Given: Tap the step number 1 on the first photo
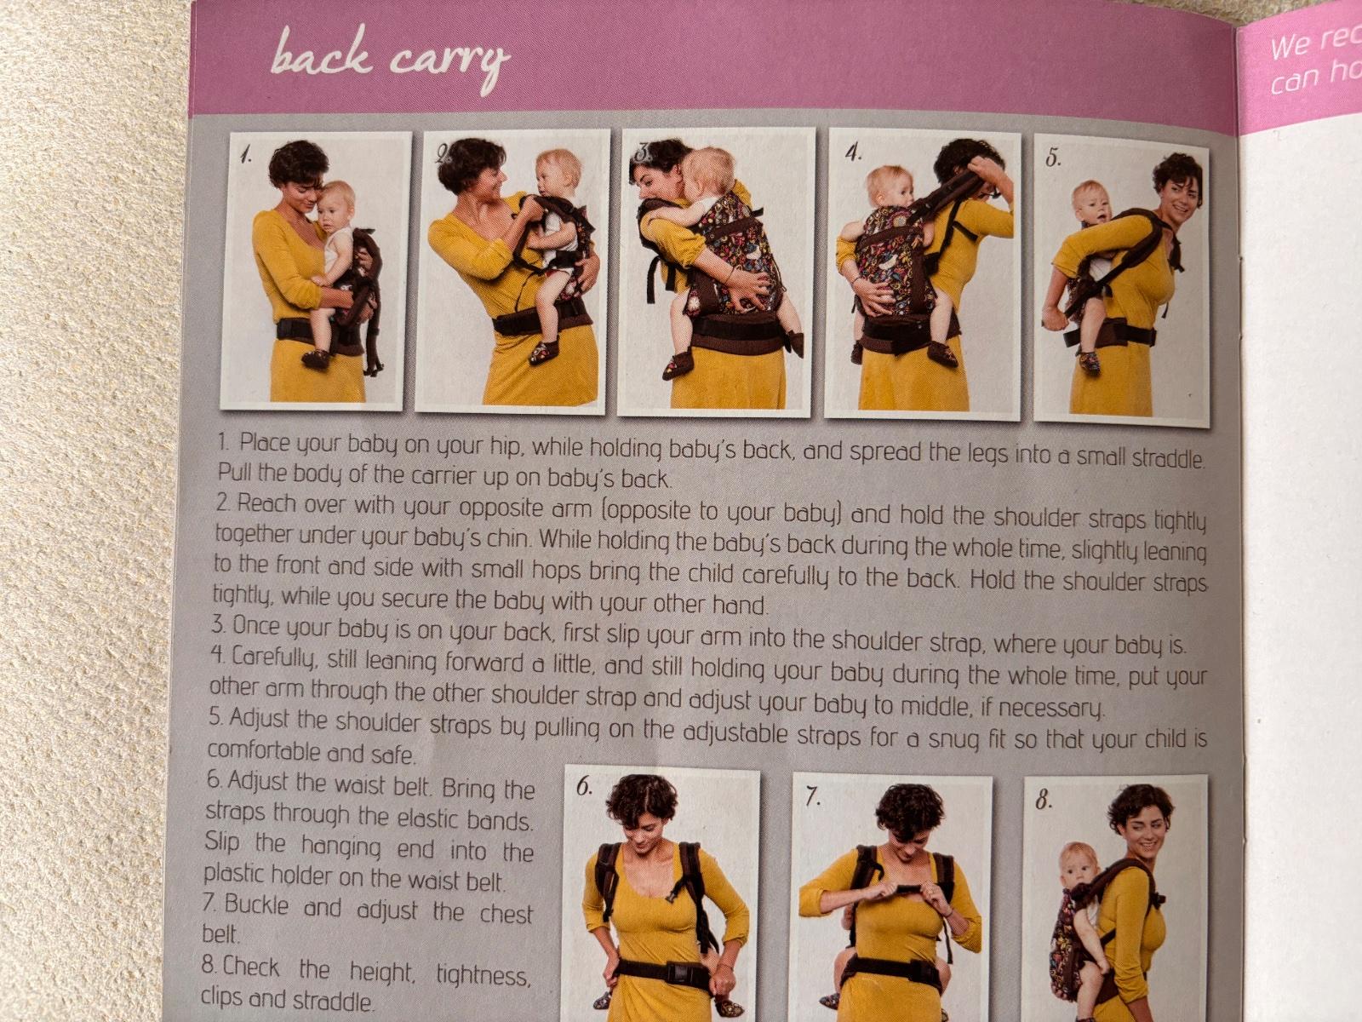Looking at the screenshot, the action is (246, 154).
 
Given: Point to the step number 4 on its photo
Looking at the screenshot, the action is (854, 152).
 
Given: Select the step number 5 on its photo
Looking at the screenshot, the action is (1053, 158).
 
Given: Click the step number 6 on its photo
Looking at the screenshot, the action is (584, 788).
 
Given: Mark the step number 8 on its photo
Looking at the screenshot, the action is (1044, 801).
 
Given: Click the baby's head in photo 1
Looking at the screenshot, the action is (335, 204).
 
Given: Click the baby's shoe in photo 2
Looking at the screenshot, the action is (544, 353).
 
